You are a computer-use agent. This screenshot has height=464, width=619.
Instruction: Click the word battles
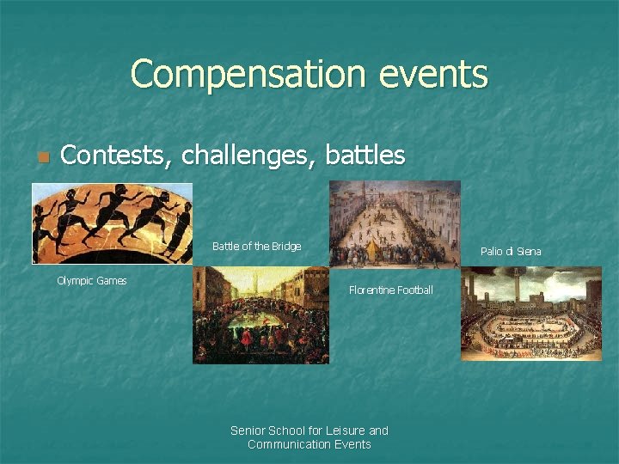[x=365, y=155]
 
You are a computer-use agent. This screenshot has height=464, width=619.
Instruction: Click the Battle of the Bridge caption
[x=256, y=247]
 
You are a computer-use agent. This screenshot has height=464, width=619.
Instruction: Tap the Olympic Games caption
[x=91, y=281]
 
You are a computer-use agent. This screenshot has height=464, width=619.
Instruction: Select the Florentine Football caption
[x=390, y=290]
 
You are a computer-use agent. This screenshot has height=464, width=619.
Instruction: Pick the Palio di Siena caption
[x=511, y=252]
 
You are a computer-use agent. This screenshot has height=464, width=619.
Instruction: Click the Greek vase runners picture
[x=112, y=223]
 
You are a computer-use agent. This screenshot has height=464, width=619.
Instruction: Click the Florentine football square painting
[x=395, y=223]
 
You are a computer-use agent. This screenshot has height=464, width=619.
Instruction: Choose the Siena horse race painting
[x=530, y=313]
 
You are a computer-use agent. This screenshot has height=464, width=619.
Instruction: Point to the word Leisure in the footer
[x=344, y=430]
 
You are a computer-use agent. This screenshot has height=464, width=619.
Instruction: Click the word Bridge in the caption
[x=285, y=247]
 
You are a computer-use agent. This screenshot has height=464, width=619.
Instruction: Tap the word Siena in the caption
[x=528, y=252]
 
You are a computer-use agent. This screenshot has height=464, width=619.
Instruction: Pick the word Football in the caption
[x=414, y=290]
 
